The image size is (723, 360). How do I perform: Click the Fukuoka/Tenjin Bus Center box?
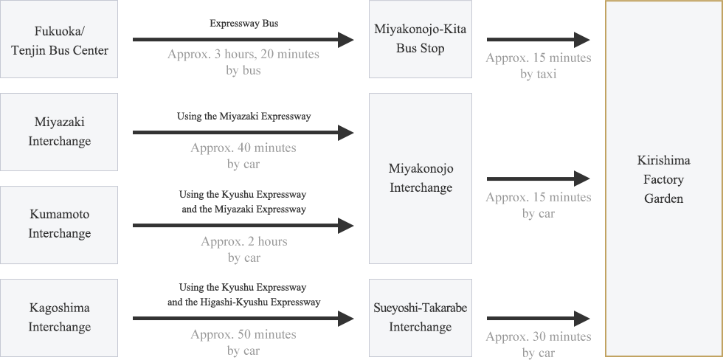[59, 39]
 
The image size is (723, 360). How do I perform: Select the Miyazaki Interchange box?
[59, 132]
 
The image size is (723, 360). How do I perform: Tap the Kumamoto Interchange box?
[59, 225]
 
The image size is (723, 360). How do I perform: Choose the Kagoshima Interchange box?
[59, 318]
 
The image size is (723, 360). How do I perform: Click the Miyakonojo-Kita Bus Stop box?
[420, 39]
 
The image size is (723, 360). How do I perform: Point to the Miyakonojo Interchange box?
[420, 179]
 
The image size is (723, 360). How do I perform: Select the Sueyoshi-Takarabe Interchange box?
[420, 318]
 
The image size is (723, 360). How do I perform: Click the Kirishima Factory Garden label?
[663, 179]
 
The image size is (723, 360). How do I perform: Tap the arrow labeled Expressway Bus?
[243, 40]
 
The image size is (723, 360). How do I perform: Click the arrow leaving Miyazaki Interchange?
[243, 133]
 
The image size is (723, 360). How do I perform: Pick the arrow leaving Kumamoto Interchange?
[243, 226]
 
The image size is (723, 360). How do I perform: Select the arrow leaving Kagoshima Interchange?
[243, 319]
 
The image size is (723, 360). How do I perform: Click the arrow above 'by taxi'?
[538, 40]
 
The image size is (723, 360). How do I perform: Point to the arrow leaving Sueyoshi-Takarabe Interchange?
[538, 319]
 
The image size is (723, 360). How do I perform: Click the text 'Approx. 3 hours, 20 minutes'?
[243, 55]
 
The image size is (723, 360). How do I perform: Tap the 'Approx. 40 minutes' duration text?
[243, 148]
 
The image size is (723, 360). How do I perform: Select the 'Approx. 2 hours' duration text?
[244, 241]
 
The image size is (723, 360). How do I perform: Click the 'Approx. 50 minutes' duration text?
[243, 334]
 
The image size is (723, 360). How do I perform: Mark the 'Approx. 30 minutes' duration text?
[538, 337]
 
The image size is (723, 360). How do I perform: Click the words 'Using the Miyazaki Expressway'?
[244, 116]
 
